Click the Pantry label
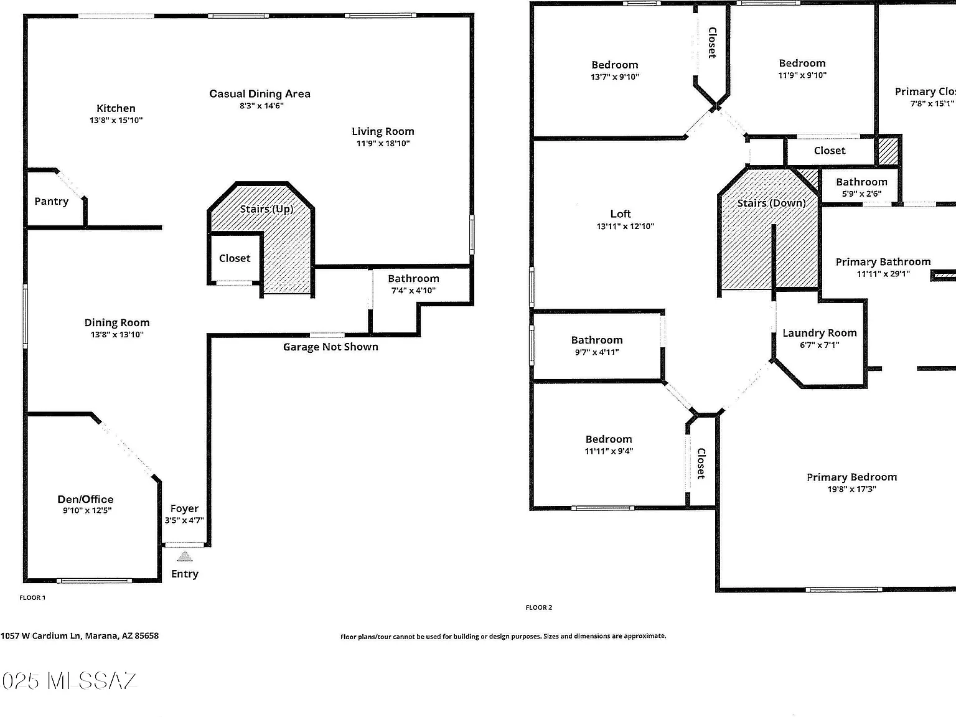(x=52, y=201)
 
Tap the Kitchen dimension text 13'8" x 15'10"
(x=116, y=120)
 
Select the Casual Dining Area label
(x=260, y=94)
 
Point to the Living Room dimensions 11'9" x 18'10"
(x=383, y=143)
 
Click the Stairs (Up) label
(x=266, y=209)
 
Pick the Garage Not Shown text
(x=330, y=347)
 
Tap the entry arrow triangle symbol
(x=185, y=556)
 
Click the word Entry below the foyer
(x=185, y=574)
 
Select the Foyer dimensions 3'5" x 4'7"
(x=184, y=520)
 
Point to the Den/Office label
(x=85, y=499)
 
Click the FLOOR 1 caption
(x=32, y=597)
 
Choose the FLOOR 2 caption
(x=539, y=607)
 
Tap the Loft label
(x=621, y=213)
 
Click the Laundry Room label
(x=820, y=333)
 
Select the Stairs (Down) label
(x=771, y=204)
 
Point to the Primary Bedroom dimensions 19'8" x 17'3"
(x=852, y=489)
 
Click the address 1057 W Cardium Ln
(x=41, y=635)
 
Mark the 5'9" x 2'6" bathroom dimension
(x=861, y=194)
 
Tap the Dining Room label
(x=117, y=322)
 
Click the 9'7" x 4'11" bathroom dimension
(x=597, y=352)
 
